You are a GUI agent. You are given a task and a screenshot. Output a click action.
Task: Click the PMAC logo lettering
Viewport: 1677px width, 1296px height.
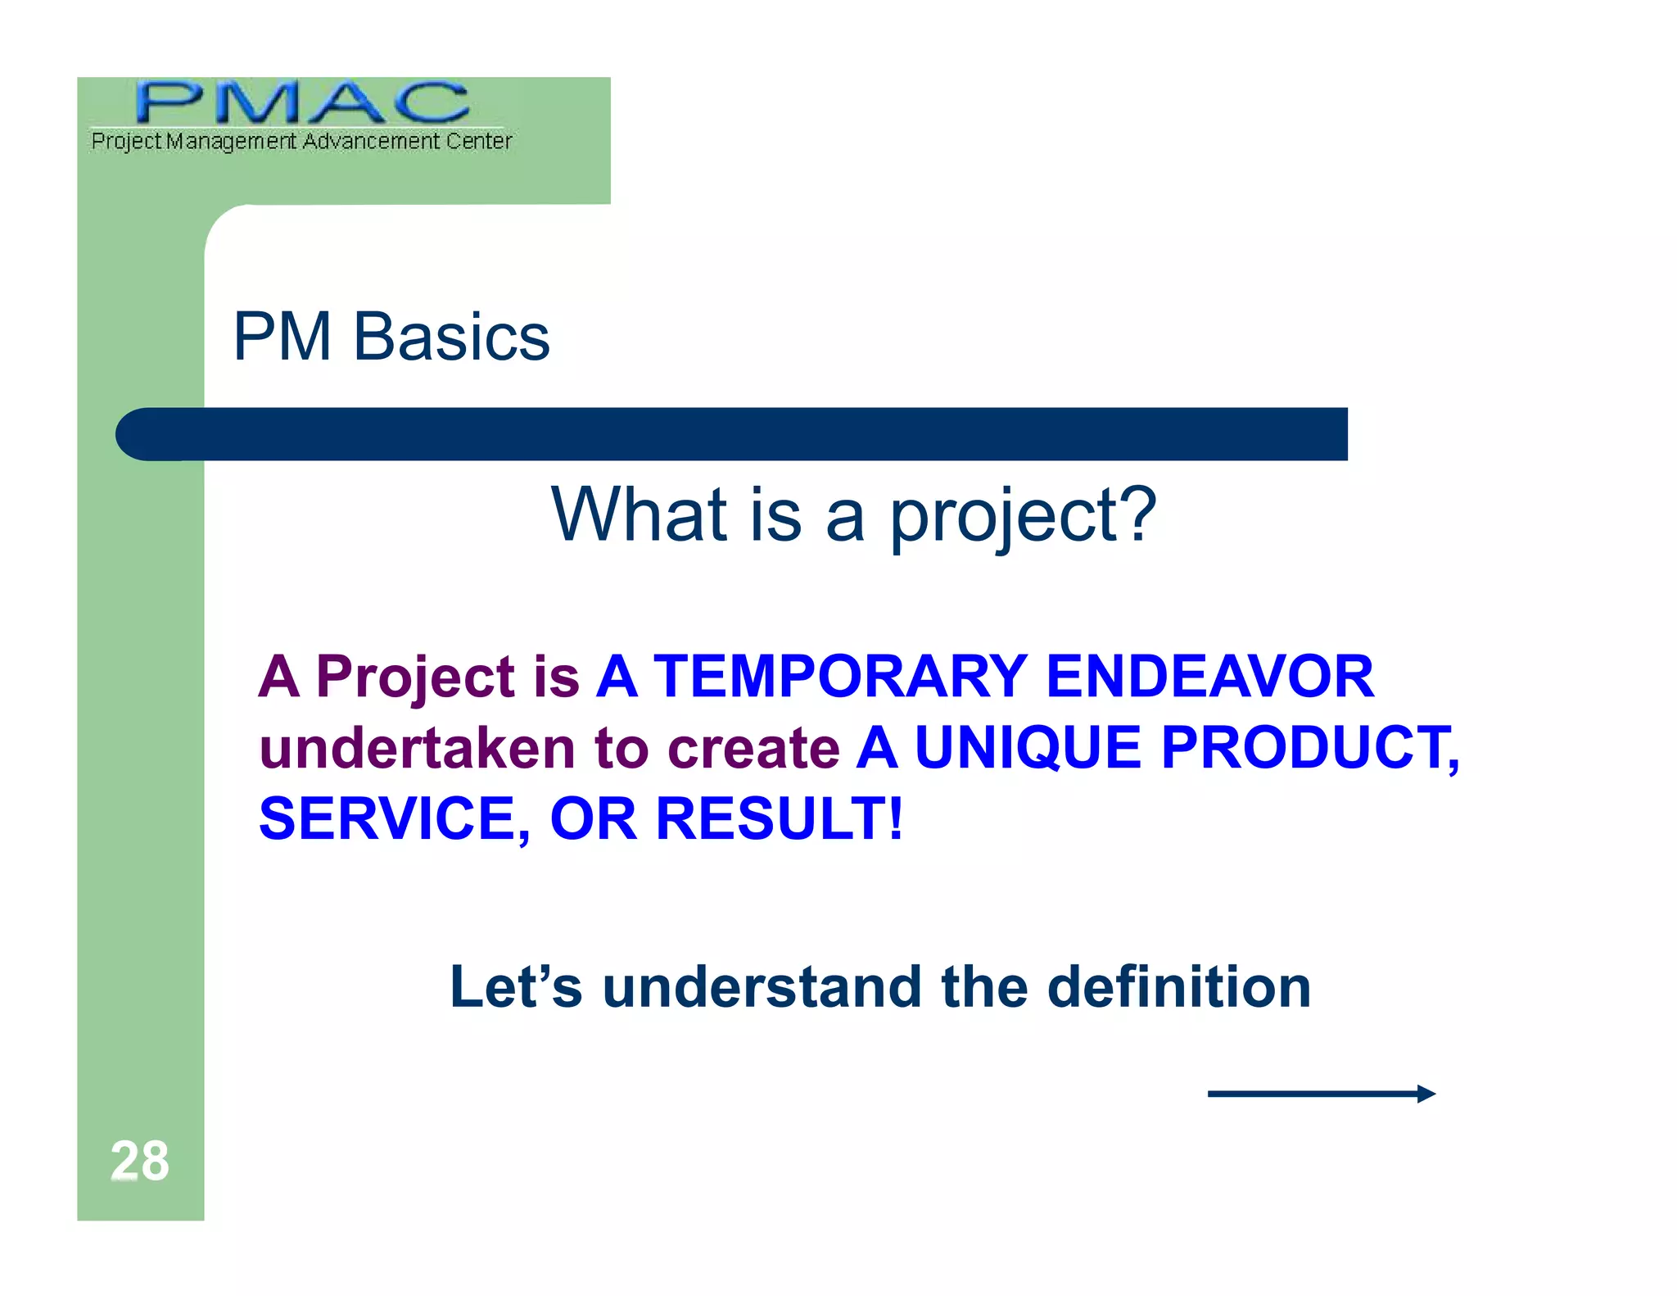302,102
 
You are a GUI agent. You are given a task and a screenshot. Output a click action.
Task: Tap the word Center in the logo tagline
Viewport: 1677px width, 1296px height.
478,142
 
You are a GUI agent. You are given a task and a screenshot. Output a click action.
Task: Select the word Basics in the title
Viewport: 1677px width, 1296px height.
451,338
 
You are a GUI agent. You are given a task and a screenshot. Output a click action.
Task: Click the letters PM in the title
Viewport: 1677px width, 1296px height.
282,338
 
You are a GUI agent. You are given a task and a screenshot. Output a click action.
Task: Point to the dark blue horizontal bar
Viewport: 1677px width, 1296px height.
731,434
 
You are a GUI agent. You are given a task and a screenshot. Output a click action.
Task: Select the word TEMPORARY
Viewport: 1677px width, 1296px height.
840,677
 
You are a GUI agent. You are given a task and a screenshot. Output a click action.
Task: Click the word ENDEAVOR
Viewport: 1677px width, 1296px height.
1209,677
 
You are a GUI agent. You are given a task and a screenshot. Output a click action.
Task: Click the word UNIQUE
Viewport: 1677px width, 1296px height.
1028,749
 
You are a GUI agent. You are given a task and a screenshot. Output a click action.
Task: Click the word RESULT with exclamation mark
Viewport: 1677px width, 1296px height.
779,819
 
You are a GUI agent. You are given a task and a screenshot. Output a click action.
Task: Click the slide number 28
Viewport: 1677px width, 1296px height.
140,1161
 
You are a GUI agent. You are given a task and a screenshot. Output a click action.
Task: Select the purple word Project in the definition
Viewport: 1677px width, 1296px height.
415,678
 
